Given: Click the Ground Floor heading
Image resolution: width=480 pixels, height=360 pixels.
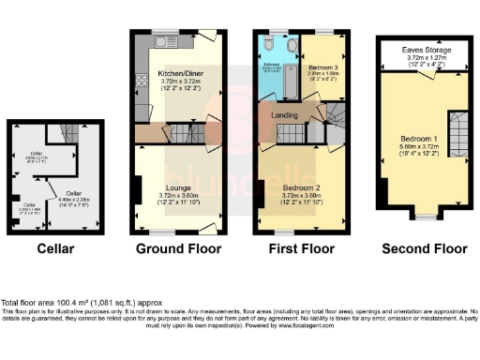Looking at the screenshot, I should [178, 248].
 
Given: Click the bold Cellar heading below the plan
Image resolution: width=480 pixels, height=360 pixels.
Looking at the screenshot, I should [55, 248].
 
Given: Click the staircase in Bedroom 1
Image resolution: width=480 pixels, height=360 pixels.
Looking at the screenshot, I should [458, 134].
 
